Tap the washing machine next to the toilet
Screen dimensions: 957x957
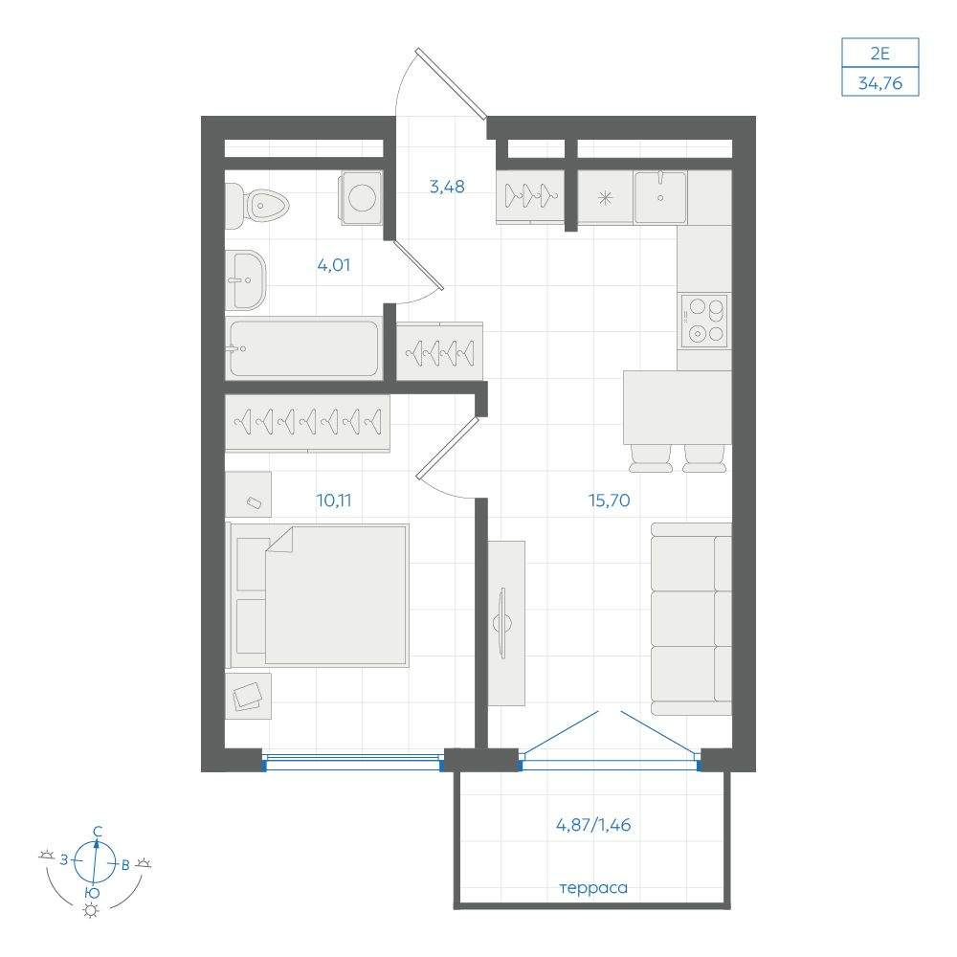coord(362,197)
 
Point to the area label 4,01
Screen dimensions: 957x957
coord(333,265)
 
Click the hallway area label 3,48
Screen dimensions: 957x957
coord(447,187)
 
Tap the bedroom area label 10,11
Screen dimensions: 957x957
coord(333,501)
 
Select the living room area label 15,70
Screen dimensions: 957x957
coord(609,501)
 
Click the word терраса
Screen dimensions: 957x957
coord(593,888)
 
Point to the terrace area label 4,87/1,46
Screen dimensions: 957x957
coord(593,825)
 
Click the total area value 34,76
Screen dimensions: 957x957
coord(880,82)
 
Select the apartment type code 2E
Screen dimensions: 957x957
coord(880,53)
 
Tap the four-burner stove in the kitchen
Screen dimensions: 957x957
coord(704,321)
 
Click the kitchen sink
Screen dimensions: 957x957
coord(660,196)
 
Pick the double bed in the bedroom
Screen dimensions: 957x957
coord(318,595)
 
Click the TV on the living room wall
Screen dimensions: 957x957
coord(503,623)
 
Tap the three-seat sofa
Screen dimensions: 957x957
coord(691,619)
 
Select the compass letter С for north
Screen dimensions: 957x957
coord(97,832)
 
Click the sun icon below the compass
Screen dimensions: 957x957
coord(92,911)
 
